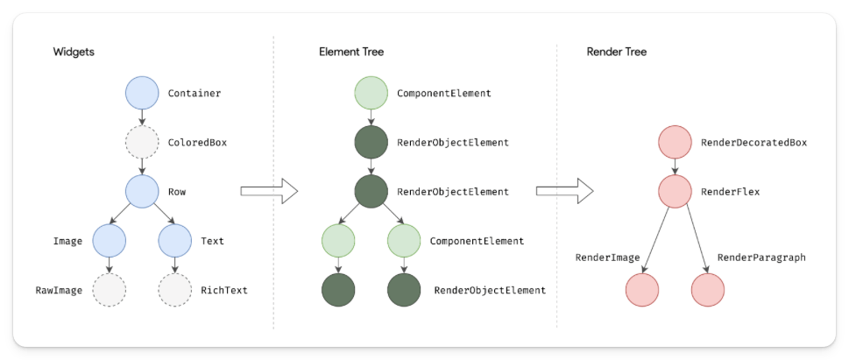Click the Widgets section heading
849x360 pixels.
point(74,53)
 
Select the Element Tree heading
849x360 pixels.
point(350,53)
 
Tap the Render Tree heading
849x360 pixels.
point(618,53)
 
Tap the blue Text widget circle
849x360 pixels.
point(174,239)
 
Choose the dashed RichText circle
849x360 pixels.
point(174,289)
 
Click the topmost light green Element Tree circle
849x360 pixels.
point(370,93)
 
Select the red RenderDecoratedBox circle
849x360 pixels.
point(675,142)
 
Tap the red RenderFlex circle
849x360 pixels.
point(675,190)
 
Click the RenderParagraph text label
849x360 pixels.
point(761,258)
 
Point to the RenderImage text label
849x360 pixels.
point(607,258)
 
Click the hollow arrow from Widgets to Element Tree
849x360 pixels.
point(269,190)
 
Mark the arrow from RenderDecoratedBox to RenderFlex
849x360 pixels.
point(675,166)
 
